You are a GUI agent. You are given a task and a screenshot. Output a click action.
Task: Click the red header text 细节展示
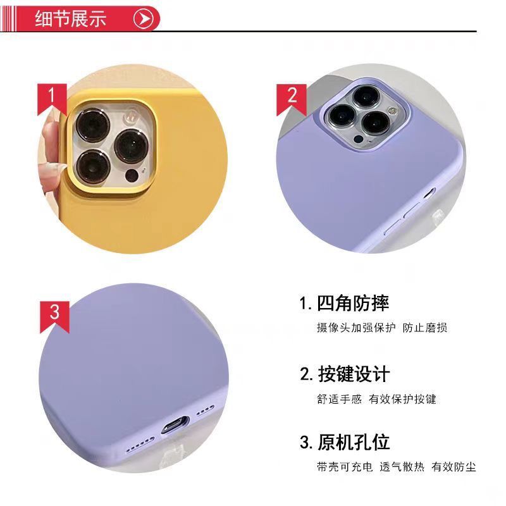pos(71,19)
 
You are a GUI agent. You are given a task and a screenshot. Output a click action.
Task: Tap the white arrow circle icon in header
pos(143,19)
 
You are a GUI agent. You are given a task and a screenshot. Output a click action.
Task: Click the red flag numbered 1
pos(52,99)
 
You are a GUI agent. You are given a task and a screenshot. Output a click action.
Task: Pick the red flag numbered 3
pos(54,317)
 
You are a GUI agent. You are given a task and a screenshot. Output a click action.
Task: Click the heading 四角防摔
pos(353,304)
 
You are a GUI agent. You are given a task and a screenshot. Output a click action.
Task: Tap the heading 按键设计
pos(354,374)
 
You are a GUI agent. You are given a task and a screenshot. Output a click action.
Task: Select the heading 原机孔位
pos(354,442)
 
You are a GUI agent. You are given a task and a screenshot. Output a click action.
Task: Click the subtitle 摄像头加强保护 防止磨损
pos(382,328)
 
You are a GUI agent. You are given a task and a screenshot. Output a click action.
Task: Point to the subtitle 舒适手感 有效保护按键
pos(376,399)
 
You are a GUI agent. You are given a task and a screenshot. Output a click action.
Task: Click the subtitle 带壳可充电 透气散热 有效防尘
pos(397,467)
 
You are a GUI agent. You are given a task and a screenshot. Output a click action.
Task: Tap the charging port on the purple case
pos(175,425)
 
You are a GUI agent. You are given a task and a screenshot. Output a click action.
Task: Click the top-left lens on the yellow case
pos(93,125)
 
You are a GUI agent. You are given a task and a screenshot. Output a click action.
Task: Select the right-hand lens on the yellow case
pos(132,146)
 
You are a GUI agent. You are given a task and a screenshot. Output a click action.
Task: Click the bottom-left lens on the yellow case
pos(94,167)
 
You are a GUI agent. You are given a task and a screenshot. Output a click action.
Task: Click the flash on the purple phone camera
pos(392,111)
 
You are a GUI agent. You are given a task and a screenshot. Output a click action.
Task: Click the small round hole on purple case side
pos(429,194)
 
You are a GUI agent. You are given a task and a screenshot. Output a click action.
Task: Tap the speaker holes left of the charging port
pos(140,445)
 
